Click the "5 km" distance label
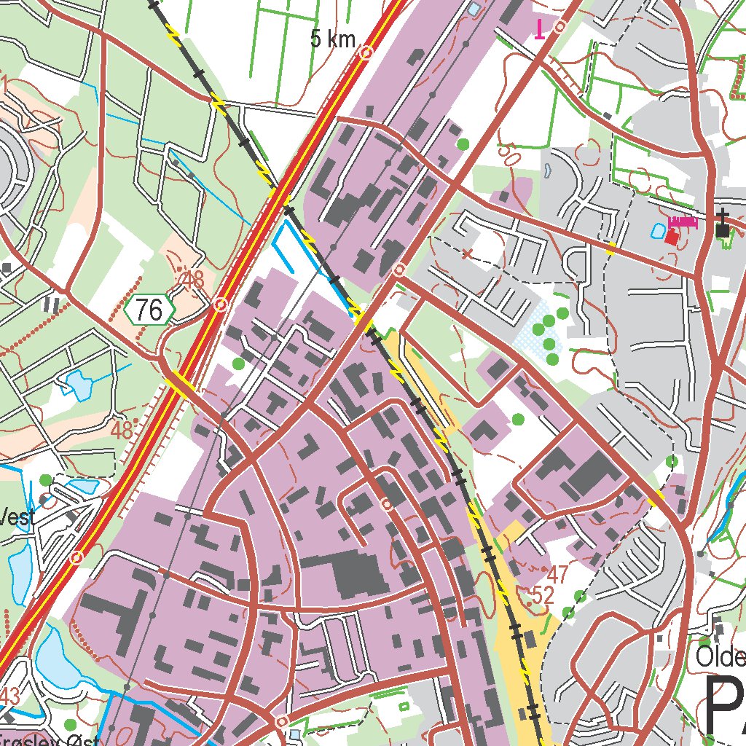[333, 39]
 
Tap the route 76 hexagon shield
[149, 311]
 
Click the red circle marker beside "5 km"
[366, 52]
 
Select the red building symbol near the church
[672, 237]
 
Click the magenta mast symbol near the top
[539, 29]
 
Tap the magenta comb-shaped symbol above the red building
[683, 221]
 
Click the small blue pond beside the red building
[657, 230]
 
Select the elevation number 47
[557, 574]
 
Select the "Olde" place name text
[720, 657]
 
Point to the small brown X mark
[467, 254]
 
